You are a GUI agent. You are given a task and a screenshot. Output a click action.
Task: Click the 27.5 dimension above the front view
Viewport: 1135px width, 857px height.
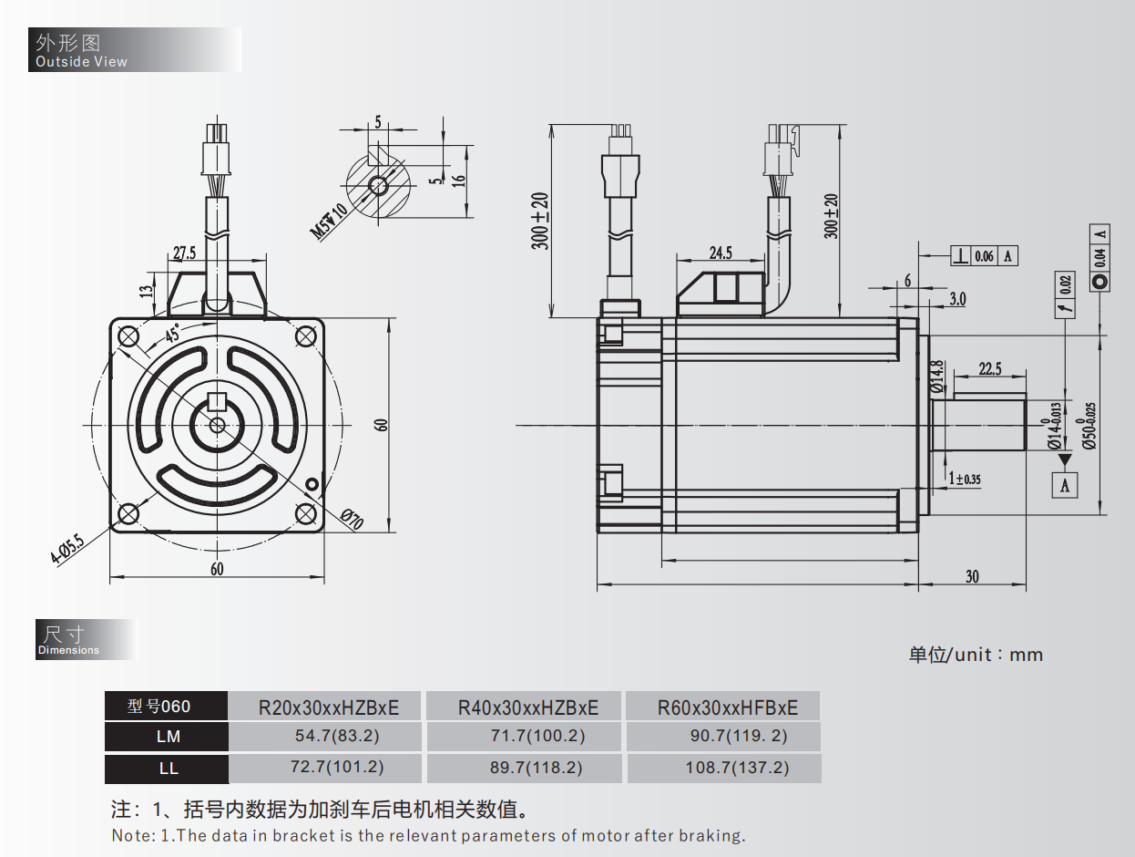(x=184, y=253)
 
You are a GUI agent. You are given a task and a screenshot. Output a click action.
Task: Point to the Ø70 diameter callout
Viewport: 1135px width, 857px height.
(x=352, y=520)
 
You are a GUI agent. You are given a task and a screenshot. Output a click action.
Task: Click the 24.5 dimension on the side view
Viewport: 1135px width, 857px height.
(x=720, y=253)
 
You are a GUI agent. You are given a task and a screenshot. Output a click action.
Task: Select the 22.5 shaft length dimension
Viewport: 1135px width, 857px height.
(x=989, y=368)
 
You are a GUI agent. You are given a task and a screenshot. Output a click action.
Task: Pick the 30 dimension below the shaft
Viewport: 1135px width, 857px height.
(x=972, y=576)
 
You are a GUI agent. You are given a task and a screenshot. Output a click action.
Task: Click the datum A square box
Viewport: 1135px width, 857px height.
(x=1065, y=485)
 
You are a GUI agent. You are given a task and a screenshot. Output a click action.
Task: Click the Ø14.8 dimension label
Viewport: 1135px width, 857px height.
(x=936, y=377)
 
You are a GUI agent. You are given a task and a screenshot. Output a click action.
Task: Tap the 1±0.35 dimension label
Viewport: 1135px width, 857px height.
(x=965, y=478)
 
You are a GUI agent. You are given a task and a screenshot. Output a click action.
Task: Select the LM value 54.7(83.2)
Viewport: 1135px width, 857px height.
(x=325, y=736)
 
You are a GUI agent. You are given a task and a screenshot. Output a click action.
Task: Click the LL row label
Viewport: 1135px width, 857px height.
(x=169, y=768)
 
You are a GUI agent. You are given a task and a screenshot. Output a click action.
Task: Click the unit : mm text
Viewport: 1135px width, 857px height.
(x=976, y=655)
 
